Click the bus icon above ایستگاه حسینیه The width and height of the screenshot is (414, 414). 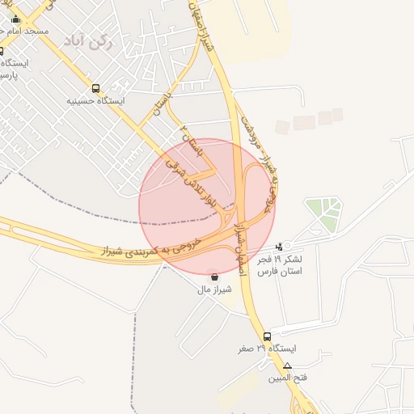pos(96,89)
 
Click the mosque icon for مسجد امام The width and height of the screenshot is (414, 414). pos(15,19)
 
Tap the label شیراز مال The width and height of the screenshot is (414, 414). pos(216,289)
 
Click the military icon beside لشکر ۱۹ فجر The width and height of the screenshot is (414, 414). pos(280,246)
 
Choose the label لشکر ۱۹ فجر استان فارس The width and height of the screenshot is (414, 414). pos(279,265)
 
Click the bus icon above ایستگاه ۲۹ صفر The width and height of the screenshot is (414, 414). pos(267,336)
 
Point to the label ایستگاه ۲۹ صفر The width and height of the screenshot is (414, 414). pos(267,349)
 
